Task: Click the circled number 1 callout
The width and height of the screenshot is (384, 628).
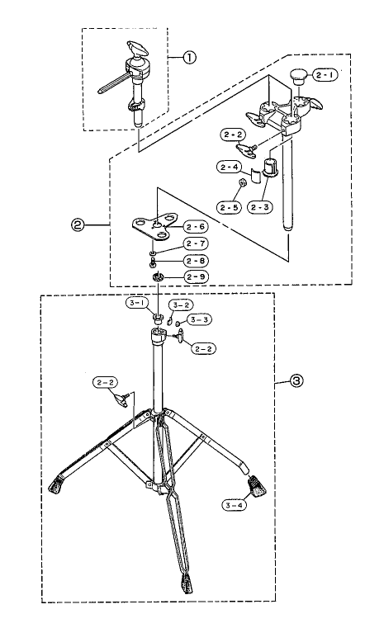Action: (x=189, y=58)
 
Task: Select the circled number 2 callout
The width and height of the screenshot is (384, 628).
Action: (x=78, y=225)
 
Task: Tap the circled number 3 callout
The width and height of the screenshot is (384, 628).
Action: (x=296, y=380)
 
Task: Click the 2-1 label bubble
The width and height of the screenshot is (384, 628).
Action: (x=325, y=74)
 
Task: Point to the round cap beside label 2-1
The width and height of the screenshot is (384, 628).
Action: (x=298, y=76)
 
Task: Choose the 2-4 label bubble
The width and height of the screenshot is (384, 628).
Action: (x=230, y=167)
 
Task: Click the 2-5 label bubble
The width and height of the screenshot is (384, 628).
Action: (x=230, y=207)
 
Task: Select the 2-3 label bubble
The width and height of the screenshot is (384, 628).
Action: (x=260, y=207)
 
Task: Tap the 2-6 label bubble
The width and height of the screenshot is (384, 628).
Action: (x=196, y=227)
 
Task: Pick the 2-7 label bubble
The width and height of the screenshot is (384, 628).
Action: (x=196, y=243)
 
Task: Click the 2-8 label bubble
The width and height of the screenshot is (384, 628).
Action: (x=196, y=261)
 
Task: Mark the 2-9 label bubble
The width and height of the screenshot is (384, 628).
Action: (x=196, y=276)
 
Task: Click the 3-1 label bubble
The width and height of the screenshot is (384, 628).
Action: (x=137, y=303)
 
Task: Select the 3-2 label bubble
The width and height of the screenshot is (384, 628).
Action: (x=180, y=305)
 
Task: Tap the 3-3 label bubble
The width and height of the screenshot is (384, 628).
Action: (x=199, y=319)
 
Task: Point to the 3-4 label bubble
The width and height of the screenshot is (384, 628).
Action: (x=234, y=505)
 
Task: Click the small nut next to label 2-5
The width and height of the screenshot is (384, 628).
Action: (x=242, y=183)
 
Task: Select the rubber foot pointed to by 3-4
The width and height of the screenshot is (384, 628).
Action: (x=258, y=485)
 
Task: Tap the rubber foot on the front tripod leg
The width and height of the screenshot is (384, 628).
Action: (x=187, y=584)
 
